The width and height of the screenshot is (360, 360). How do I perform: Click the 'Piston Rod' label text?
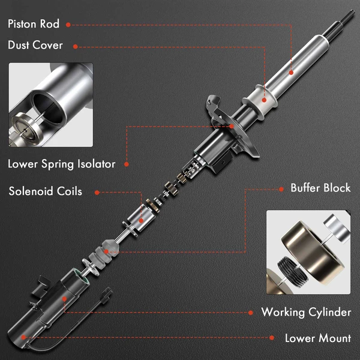point(33,25)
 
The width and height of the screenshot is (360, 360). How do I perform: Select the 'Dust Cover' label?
point(35,45)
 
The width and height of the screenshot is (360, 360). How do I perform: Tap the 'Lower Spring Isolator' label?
point(61,164)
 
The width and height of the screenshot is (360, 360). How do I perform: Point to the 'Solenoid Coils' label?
point(45,192)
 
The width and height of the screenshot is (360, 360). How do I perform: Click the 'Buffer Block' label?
point(320,188)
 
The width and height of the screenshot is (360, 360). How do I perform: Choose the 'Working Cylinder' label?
point(306,312)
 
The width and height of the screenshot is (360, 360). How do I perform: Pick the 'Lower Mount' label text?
point(317,338)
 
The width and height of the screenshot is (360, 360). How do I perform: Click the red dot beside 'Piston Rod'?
point(68,25)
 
